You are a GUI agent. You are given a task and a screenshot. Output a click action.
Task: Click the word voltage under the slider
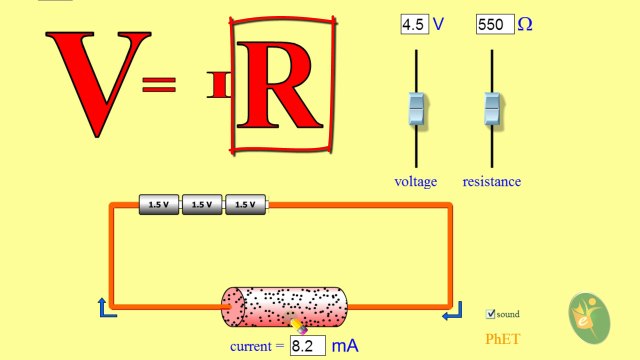(x=416, y=182)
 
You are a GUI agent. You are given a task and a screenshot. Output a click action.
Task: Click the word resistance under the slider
(x=491, y=182)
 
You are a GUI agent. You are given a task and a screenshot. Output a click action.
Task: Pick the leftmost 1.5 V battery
(x=158, y=204)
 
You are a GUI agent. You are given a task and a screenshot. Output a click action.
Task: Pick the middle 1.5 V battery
(x=202, y=204)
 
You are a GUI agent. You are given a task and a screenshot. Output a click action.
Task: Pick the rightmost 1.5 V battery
(x=246, y=204)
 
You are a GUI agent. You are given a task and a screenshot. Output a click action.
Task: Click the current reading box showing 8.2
(x=308, y=346)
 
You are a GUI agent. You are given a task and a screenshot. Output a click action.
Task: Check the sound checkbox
(x=490, y=314)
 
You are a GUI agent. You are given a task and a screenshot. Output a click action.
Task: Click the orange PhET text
(x=503, y=339)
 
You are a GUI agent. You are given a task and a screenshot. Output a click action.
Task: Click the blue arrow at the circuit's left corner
(x=106, y=307)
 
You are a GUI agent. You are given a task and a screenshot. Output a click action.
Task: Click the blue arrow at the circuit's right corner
(x=452, y=313)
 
